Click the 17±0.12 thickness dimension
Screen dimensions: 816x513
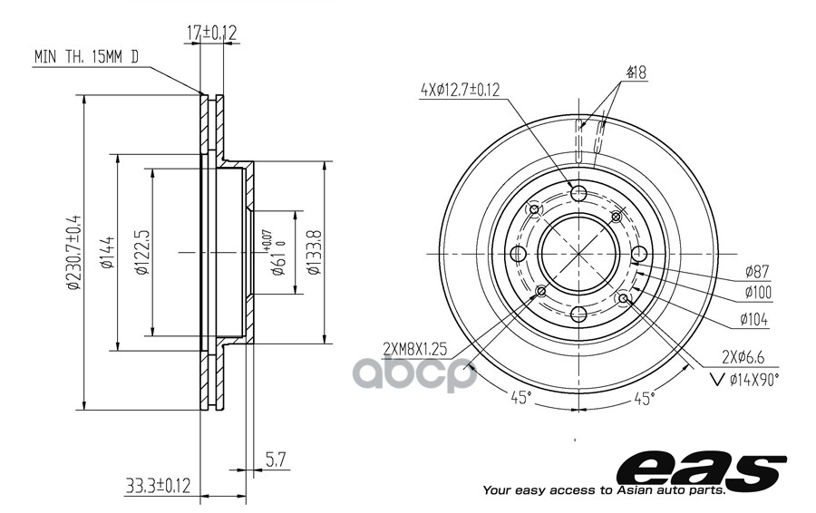coord(211,34)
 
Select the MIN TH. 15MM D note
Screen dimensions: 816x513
coord(86,57)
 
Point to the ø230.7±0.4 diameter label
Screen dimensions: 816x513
coord(74,251)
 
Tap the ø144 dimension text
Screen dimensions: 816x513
coord(108,252)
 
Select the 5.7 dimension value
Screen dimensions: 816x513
coord(276,460)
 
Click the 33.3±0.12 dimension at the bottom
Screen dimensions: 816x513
coord(158,486)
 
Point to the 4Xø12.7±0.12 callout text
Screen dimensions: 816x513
coord(460,90)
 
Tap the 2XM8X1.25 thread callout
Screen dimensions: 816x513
coord(415,349)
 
